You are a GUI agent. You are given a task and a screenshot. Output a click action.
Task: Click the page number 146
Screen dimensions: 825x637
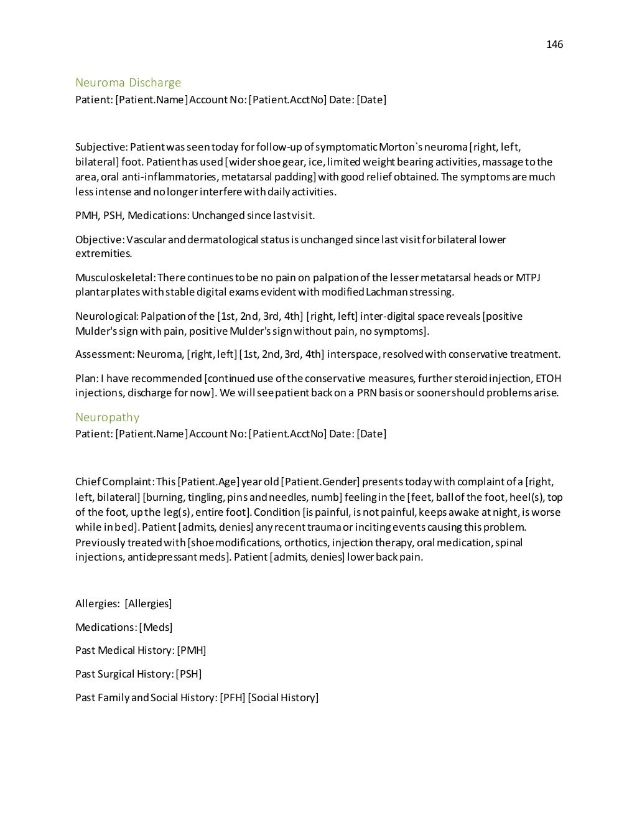pos(554,44)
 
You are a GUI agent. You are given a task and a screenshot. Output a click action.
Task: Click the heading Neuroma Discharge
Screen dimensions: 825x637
pos(128,83)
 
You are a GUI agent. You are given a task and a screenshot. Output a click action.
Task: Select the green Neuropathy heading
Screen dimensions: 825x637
pos(107,417)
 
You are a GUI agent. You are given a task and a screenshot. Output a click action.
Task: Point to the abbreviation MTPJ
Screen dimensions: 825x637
pos(528,277)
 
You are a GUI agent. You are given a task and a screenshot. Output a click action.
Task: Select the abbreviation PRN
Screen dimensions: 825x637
pos(367,393)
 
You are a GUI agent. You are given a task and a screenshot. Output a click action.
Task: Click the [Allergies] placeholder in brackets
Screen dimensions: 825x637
pos(148,604)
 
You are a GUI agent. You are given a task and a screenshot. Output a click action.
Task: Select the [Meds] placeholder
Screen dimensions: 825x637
pos(156,627)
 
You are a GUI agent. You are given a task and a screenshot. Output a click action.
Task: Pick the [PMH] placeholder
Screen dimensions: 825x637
pos(192,650)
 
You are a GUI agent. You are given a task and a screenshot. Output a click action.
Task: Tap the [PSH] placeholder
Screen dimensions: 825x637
pos(188,674)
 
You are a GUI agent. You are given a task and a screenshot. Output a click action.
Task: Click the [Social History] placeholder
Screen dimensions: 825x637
pos(283,697)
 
